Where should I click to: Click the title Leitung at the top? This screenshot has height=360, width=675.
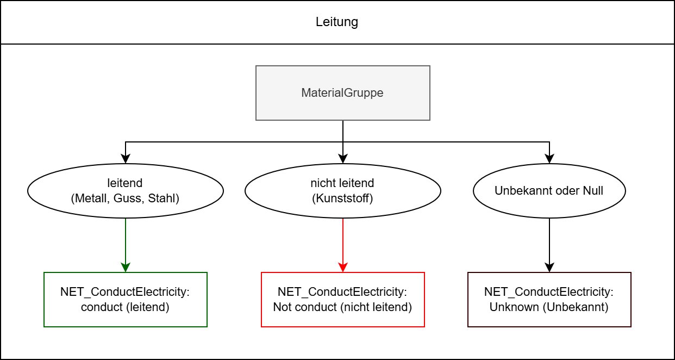pyautogui.click(x=337, y=22)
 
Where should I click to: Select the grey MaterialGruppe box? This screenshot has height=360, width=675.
pyautogui.click(x=342, y=93)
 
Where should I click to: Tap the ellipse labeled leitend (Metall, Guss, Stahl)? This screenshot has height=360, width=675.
pyautogui.click(x=126, y=191)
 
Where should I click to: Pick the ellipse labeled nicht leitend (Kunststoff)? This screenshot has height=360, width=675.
pyautogui.click(x=342, y=191)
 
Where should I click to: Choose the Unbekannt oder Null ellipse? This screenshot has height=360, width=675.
pyautogui.click(x=549, y=191)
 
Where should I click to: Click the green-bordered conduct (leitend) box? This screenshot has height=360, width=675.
pyautogui.click(x=126, y=300)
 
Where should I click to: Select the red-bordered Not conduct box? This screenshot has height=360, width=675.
pyautogui.click(x=342, y=300)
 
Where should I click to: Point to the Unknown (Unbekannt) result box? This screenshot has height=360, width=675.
pyautogui.click(x=549, y=300)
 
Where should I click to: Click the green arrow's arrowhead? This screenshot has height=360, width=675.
pyautogui.click(x=126, y=268)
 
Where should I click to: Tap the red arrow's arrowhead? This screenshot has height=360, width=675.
pyautogui.click(x=343, y=268)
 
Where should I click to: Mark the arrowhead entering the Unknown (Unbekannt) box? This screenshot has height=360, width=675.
pyautogui.click(x=549, y=268)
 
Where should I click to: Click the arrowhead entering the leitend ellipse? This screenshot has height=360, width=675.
pyautogui.click(x=126, y=159)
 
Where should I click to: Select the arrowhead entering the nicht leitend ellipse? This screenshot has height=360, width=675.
pyautogui.click(x=343, y=159)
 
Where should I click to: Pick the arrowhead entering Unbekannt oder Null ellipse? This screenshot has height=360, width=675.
pyautogui.click(x=549, y=159)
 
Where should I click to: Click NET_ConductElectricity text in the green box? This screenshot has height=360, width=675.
pyautogui.click(x=126, y=292)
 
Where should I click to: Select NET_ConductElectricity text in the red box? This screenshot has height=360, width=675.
pyautogui.click(x=342, y=292)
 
